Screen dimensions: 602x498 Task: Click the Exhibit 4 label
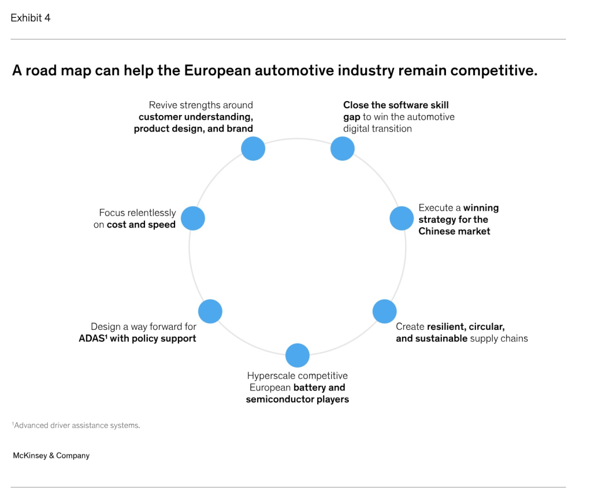coord(30,18)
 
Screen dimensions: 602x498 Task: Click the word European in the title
coord(217,70)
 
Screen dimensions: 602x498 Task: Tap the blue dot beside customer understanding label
coord(253,149)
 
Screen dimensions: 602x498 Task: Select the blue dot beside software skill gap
coord(342,149)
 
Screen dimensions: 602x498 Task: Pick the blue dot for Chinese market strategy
coord(401,218)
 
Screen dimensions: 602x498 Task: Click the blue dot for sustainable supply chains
coord(384,312)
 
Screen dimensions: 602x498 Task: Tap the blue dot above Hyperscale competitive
coord(298,355)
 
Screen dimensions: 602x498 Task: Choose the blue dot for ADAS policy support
coord(210,312)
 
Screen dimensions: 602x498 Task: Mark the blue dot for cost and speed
coord(193,218)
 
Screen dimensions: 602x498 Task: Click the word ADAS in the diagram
coord(92,338)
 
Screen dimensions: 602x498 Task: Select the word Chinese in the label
coord(436,231)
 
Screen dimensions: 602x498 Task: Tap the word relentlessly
coord(151,213)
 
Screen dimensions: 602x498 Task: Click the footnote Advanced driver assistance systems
coord(76,425)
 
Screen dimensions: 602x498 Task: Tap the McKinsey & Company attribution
coord(51,456)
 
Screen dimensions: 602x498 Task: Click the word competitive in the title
coord(494,70)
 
